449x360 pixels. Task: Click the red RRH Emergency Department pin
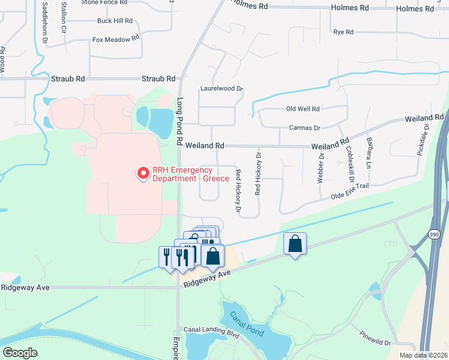[x=143, y=173]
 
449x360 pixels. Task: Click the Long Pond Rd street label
[x=179, y=122]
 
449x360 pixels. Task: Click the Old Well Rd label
[x=303, y=109]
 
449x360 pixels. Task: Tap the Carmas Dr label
[x=305, y=128]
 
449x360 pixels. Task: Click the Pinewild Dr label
[x=375, y=338]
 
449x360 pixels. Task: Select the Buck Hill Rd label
[x=115, y=20]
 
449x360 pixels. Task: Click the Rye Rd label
[x=343, y=32]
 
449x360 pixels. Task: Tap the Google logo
[x=20, y=352]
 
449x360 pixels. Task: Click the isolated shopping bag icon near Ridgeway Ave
[x=295, y=244]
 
